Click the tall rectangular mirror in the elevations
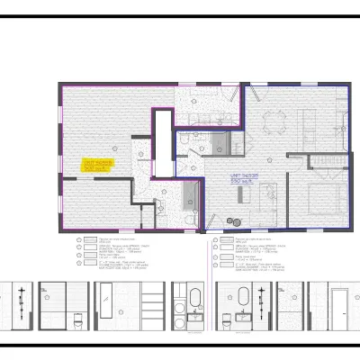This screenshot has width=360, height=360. [x=107, y=301]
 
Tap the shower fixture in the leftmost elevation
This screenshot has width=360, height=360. [x=21, y=295]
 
